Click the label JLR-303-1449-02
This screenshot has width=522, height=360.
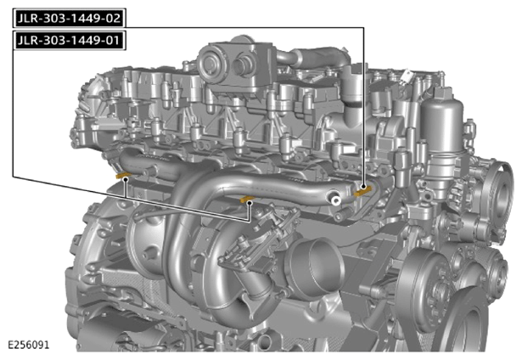[x=70, y=18]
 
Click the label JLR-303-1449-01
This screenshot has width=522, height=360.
[x=70, y=40]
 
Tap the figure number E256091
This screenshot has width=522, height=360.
[x=29, y=345]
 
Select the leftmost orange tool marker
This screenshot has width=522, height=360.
[x=124, y=175]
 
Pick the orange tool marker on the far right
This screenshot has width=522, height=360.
[x=363, y=191]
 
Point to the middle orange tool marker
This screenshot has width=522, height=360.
[x=248, y=199]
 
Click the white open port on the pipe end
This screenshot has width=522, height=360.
[x=335, y=200]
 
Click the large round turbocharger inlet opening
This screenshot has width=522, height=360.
[x=316, y=267]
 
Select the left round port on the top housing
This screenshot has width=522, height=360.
[x=210, y=62]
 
